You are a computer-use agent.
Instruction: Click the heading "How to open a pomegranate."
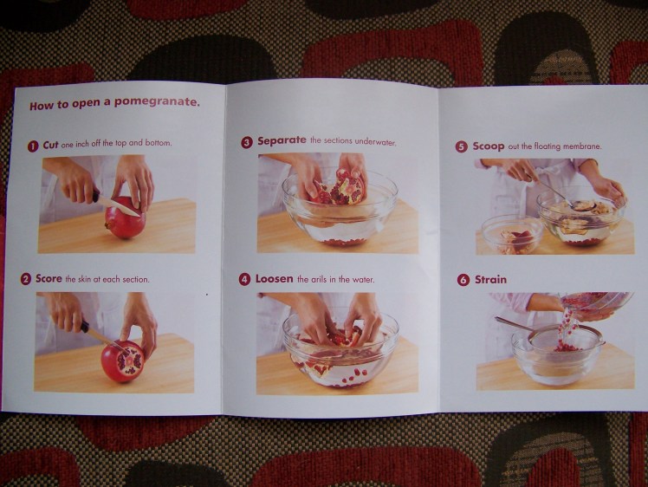[115, 104]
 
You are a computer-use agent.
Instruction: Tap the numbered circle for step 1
[33, 145]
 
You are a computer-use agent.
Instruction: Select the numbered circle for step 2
[26, 279]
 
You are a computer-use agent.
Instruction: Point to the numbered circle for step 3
[247, 142]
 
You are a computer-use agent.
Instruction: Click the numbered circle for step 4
[245, 279]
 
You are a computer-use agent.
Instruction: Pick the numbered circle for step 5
[462, 146]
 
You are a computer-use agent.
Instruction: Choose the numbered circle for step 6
[463, 280]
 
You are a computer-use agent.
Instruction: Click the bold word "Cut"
[50, 144]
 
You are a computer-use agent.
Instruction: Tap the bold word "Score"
[49, 279]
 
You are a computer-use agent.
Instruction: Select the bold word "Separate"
[282, 141]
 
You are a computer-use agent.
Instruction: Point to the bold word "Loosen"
[275, 279]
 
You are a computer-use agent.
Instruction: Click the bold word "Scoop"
[489, 146]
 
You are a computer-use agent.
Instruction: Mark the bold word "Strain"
[491, 280]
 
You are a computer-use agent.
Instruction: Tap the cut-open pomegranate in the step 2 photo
[123, 360]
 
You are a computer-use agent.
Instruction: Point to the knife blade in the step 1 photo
[119, 205]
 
